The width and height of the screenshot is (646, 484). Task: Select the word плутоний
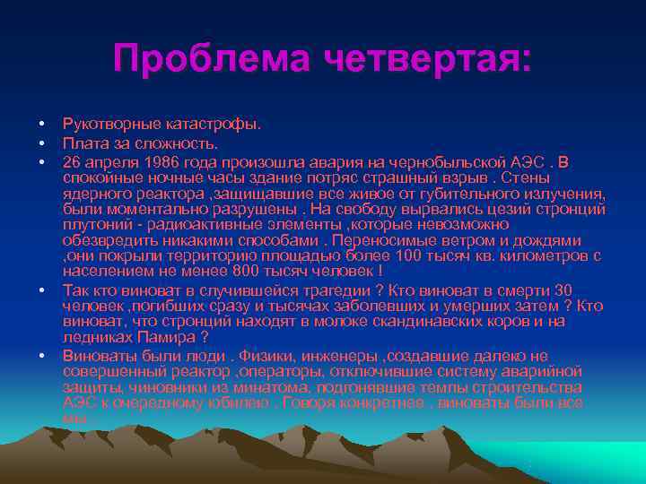point(92,225)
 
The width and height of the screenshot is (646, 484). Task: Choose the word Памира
point(168,338)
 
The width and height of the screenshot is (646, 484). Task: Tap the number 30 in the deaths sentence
point(563,290)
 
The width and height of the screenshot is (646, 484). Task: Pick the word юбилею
point(243,402)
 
